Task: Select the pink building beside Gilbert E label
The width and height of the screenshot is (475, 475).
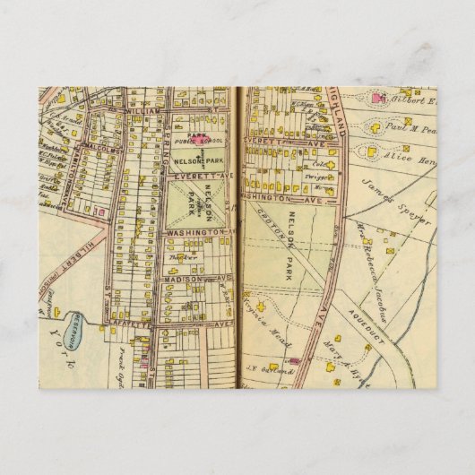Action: (377, 98)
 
